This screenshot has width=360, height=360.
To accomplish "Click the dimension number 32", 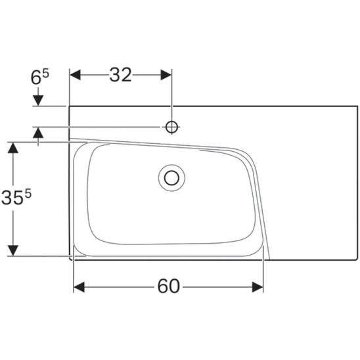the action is tap(120, 75).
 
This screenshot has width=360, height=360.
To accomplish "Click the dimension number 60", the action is tap(169, 286).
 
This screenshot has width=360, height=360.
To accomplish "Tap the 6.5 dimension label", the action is tap(39, 78).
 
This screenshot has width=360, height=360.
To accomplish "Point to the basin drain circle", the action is tap(171, 178).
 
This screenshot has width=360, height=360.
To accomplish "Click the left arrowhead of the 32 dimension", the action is tap(75, 75).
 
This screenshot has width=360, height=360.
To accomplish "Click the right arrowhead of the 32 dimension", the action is tap(166, 75).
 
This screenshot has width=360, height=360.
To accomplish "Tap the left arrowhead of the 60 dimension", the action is tap(79, 287).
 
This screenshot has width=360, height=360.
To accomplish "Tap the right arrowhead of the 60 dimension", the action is tap(258, 287).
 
